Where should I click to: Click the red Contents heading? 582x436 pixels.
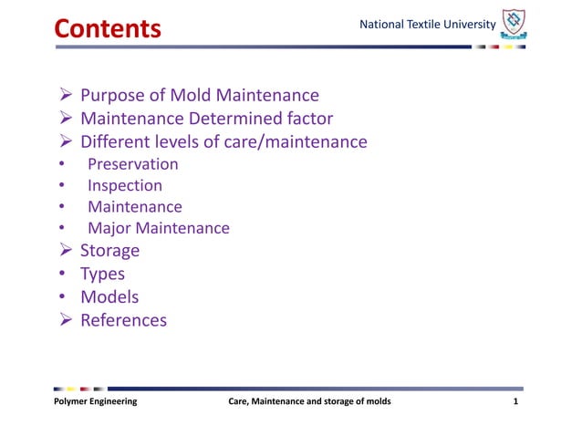click(108, 28)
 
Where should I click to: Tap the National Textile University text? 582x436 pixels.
click(428, 23)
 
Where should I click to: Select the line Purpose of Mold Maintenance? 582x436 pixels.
click(200, 95)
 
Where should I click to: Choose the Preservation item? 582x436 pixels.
click(133, 164)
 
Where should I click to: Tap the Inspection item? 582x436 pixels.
click(125, 185)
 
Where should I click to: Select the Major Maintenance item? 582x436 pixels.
click(159, 228)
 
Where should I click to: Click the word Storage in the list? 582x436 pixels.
click(110, 250)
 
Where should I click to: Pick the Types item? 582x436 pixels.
click(103, 274)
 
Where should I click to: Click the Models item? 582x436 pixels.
click(109, 296)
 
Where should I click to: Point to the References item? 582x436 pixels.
click(124, 320)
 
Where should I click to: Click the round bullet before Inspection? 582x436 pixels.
click(61, 186)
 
